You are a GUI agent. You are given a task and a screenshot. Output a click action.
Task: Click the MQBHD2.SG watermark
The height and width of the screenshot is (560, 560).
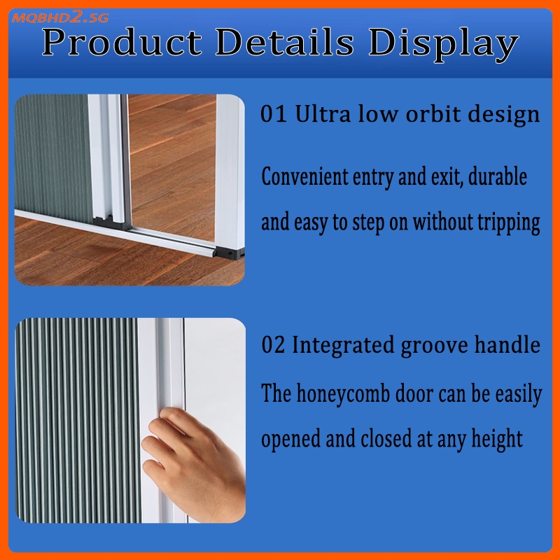point(60,17)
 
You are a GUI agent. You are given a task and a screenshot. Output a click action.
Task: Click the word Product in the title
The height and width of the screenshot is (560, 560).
point(122,43)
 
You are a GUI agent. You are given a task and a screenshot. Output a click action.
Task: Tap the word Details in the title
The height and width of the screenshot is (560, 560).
point(285,42)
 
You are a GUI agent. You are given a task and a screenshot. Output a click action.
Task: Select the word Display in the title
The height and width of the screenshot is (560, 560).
point(444,45)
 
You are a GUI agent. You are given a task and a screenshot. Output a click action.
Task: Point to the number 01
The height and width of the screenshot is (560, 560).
point(274,114)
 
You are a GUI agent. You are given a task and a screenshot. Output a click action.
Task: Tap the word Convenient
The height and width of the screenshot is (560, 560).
point(304,176)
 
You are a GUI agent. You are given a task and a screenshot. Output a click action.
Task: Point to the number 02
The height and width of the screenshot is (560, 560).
point(274,345)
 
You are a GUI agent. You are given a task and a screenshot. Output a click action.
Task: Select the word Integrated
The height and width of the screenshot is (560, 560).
point(343,346)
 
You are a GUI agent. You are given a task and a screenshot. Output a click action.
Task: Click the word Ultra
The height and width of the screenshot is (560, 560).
point(323,114)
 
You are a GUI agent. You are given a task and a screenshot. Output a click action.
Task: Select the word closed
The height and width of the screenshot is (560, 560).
point(386,438)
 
